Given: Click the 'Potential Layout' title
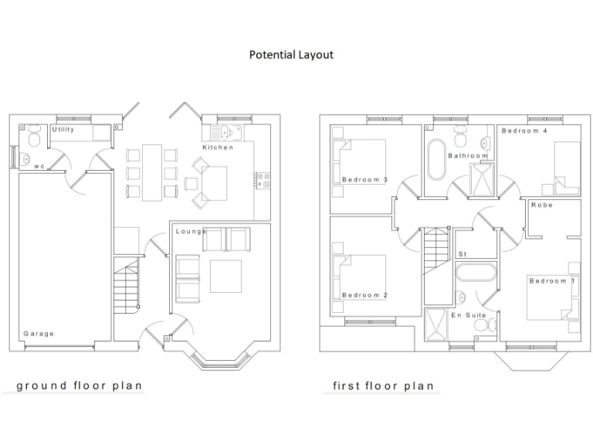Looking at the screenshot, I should coord(291,55).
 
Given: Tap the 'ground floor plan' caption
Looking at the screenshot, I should coord(80,385).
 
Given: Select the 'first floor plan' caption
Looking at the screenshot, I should coord(383,385).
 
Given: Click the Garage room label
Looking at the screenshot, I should coord(38,334).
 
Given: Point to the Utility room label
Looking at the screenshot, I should coord(63,130).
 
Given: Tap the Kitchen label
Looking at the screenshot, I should coord(218,147).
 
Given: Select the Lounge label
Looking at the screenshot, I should coord(191,231).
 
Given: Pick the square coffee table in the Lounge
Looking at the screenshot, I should coord(226,276).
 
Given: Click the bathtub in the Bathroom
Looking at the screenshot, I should coord(436,159).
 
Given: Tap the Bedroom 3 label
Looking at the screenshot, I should coord(364,180).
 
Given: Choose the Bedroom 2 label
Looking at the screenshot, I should coord(364,295).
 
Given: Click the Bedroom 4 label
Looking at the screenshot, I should coord(524,131).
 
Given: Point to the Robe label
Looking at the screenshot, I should coord(541,205).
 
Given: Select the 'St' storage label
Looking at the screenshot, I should coord(463,253).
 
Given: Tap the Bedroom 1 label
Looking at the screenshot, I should coord(552,280).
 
